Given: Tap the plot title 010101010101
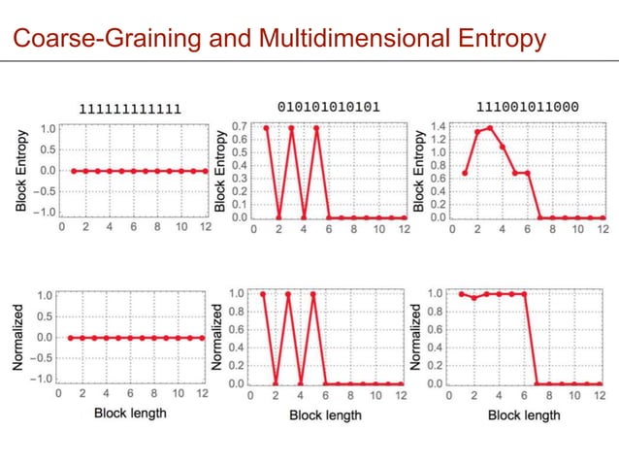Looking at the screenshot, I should [329, 107].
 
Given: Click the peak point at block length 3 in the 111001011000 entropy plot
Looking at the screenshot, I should [490, 127].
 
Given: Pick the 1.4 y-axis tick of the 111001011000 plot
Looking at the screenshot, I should [440, 127].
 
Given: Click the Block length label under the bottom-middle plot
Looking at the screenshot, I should [325, 415].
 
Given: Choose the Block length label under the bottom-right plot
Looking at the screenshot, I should [524, 415].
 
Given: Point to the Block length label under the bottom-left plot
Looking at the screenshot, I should [130, 414].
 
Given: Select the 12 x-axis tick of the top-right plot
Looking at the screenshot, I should [602, 230].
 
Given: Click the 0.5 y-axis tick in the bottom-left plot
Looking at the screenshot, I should [45, 315].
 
